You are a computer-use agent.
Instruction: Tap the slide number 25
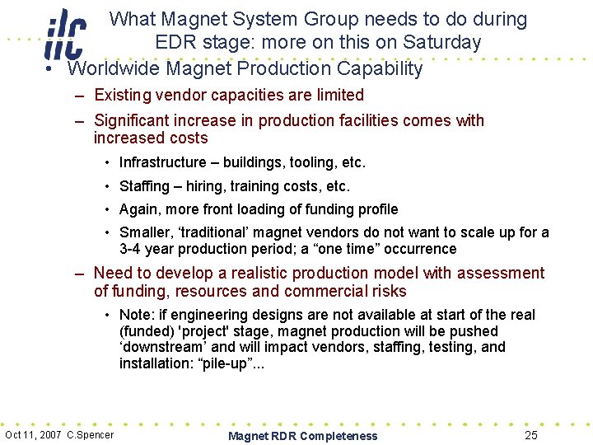[x=531, y=435]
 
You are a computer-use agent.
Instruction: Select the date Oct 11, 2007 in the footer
[x=34, y=435]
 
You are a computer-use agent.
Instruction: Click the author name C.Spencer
[x=91, y=435]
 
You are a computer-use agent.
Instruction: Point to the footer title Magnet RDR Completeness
[x=302, y=436]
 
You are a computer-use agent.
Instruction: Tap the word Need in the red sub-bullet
[x=113, y=273]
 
